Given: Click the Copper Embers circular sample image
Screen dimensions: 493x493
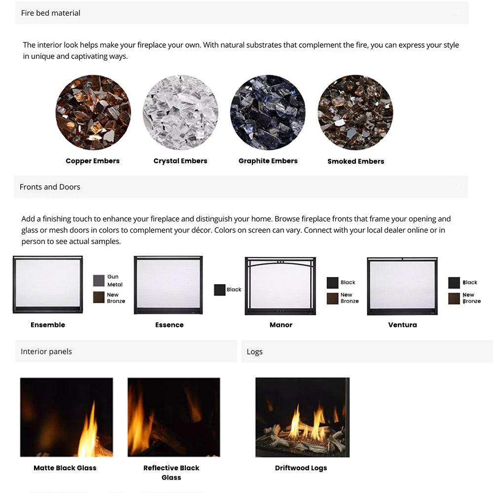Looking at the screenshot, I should tap(93, 112).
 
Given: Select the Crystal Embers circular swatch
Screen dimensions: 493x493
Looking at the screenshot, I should tap(180, 112).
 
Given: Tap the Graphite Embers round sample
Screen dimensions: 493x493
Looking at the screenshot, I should tap(268, 112).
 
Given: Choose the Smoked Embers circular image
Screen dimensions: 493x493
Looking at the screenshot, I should tap(355, 112).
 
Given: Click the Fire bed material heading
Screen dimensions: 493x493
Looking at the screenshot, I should tap(51, 13).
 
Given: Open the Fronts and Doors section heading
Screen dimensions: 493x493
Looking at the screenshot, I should tap(50, 187).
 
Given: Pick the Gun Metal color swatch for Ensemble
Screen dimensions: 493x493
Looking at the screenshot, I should tap(99, 281).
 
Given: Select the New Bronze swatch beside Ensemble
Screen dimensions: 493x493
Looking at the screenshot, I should tap(99, 297).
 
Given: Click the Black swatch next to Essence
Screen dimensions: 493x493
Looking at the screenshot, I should tap(219, 290).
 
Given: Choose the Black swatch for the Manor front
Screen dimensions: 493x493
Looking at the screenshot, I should tap(332, 282).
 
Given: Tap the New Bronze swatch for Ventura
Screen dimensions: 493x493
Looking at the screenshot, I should tap(454, 298).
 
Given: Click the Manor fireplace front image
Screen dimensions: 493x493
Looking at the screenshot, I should tap(281, 285).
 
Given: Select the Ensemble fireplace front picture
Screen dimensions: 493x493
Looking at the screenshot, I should tap(48, 284).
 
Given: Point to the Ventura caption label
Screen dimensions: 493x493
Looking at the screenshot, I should tap(402, 325).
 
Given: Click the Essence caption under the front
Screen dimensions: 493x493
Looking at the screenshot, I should tap(169, 325).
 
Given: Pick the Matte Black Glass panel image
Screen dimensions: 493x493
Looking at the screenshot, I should tap(67, 417).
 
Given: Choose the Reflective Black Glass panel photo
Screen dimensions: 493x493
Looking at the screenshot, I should tap(174, 417).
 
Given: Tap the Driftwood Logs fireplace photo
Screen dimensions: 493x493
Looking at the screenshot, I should tap(302, 417).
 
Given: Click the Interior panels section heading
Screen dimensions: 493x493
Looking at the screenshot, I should tap(46, 352).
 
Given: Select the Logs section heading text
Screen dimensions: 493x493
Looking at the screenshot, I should tap(254, 352).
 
